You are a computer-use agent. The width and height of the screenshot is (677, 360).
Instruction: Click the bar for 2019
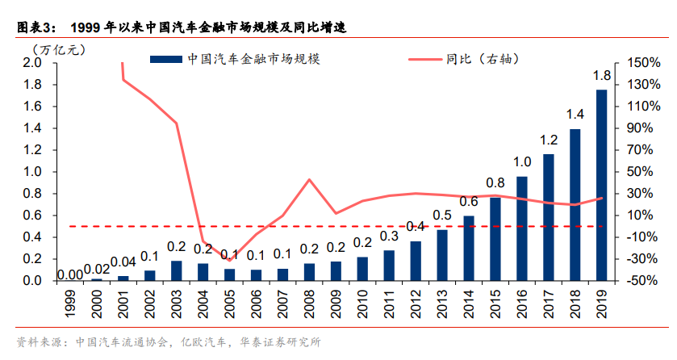point(601,186)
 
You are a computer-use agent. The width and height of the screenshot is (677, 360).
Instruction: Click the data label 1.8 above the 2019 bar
point(601,76)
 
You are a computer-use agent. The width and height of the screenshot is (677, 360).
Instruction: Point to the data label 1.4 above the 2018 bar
point(575,114)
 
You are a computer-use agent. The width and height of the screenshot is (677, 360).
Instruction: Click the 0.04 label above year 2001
point(123,262)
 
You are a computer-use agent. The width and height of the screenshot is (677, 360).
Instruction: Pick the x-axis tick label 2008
point(309,302)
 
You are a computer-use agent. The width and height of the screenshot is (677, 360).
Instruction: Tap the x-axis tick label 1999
point(70,302)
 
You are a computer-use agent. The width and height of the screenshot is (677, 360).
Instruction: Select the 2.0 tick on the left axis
point(33,63)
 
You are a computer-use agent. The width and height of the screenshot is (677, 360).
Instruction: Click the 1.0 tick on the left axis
point(33,172)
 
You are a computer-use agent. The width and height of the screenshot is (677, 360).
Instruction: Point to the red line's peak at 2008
point(309,179)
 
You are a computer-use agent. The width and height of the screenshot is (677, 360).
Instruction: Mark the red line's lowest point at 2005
point(229,260)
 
